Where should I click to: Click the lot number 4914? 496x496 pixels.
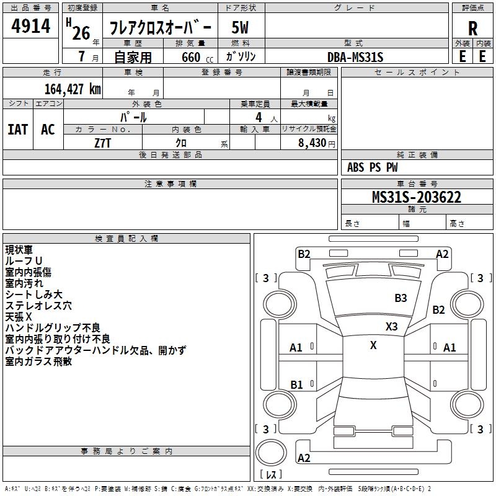[x=30, y=25]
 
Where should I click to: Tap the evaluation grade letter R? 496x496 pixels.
[x=472, y=29]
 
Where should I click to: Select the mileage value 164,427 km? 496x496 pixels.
[x=73, y=89]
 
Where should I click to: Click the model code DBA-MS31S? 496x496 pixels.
[x=355, y=57]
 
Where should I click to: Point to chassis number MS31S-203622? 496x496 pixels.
[x=417, y=197]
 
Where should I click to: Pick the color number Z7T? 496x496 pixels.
[x=103, y=143]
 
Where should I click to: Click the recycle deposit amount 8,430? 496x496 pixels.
[x=312, y=143]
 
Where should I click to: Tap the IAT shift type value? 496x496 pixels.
[x=18, y=130]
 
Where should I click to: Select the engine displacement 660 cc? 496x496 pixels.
[x=197, y=57]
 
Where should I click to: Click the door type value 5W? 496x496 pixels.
[x=240, y=27]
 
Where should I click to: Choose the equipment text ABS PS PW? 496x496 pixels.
[x=372, y=167]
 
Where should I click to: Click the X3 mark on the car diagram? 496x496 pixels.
[x=391, y=327]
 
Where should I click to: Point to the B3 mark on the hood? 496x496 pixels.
[x=401, y=298]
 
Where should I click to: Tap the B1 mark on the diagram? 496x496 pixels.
[x=296, y=384]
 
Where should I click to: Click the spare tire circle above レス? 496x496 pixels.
[x=271, y=453]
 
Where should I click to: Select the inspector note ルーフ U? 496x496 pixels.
[x=24, y=261]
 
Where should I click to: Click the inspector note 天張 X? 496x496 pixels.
[x=19, y=317]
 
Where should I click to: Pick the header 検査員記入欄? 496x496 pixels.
[x=126, y=239]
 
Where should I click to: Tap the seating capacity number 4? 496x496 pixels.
[x=259, y=117]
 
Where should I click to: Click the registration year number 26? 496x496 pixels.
[x=81, y=33]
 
